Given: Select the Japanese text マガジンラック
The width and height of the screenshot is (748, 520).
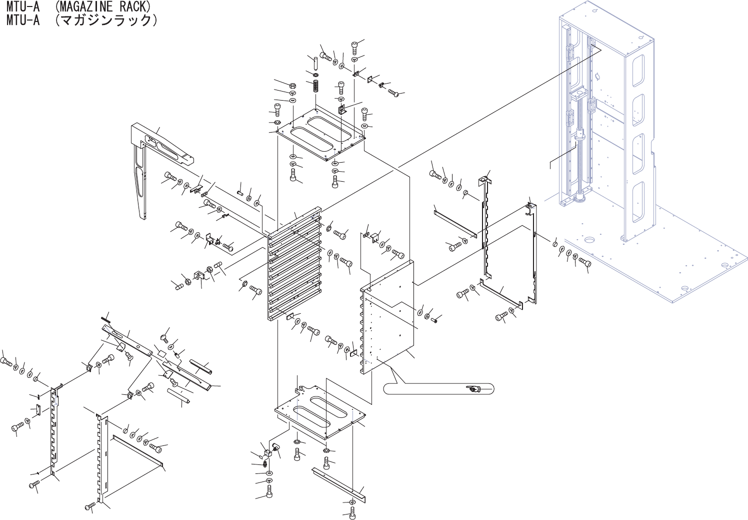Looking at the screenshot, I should (105, 20).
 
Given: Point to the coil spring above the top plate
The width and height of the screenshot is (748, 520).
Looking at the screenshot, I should (316, 86).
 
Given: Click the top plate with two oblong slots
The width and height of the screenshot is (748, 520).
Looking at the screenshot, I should (320, 135).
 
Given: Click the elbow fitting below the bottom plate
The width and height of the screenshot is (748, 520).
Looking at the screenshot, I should (275, 447).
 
